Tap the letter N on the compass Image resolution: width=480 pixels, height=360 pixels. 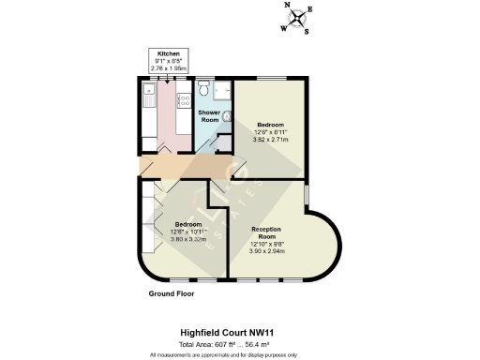tap(287, 6)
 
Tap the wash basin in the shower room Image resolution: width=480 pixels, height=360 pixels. tap(202, 92)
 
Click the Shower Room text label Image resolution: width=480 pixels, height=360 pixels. tap(208, 116)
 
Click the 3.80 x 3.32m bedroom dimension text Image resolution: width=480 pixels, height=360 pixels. tap(188, 239)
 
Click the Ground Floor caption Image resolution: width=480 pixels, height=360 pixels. tap(173, 293)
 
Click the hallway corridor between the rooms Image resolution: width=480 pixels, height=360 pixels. tap(187, 166)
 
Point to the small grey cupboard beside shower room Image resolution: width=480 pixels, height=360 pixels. tap(224, 143)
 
